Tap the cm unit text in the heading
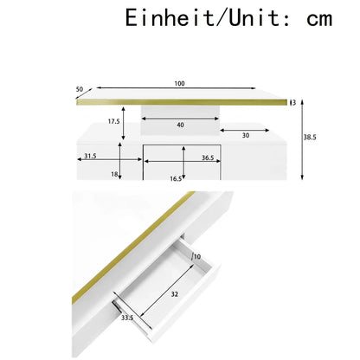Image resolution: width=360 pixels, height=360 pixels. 319,19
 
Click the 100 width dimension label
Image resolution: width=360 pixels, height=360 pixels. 179,84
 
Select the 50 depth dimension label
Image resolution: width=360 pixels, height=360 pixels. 80,89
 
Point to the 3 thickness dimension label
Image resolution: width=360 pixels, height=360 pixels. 294,102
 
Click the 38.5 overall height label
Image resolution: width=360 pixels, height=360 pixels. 310,138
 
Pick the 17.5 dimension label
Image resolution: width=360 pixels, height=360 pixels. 114,121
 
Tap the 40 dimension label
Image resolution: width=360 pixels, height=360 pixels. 181,125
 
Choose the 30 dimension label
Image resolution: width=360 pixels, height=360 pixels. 246,135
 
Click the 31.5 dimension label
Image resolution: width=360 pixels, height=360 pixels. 90,156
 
